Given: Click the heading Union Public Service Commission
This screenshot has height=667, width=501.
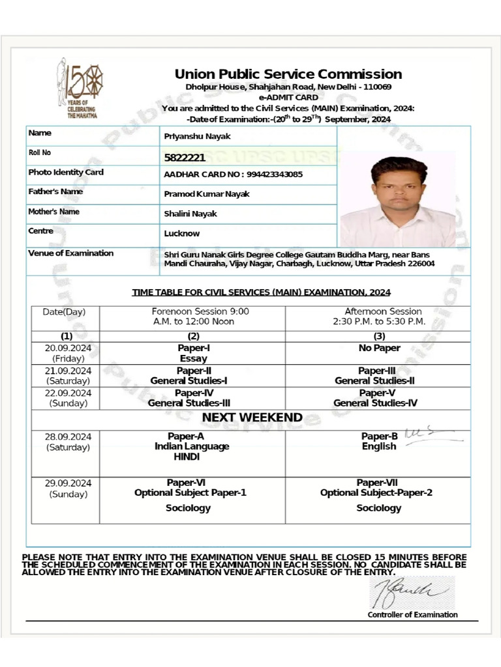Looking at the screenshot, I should [x=288, y=74].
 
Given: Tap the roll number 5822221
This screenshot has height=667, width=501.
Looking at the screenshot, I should [x=185, y=157].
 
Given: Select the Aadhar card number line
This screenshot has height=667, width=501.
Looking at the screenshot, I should [x=233, y=175].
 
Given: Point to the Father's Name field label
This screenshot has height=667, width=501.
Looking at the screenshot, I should [x=55, y=192].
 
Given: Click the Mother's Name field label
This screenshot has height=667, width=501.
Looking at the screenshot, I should [x=54, y=212].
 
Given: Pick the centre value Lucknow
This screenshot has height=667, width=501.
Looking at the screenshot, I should [x=182, y=233].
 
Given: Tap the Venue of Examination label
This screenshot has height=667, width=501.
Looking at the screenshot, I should [x=70, y=253].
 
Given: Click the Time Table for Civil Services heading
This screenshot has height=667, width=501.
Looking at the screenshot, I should [x=261, y=292].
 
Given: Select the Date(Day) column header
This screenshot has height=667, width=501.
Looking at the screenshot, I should [x=64, y=312].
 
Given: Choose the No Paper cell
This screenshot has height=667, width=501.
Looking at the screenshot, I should [x=379, y=348].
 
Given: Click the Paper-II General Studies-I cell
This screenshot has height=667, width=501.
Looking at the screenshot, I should [x=189, y=376].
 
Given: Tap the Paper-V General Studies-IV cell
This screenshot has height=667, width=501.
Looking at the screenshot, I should [x=374, y=398].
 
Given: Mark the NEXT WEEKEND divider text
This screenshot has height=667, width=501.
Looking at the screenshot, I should [x=252, y=418].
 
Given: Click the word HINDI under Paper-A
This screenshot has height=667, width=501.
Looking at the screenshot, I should [x=187, y=457].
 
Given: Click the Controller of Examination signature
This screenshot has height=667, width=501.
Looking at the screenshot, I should [x=411, y=592].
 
